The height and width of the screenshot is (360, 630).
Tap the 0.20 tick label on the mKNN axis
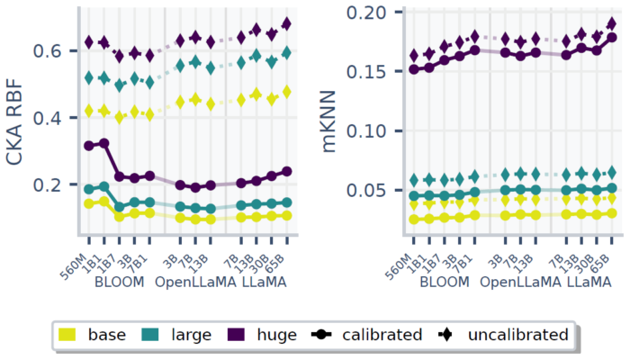tap(379, 13)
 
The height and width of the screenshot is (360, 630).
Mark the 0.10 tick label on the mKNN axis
tap(379, 130)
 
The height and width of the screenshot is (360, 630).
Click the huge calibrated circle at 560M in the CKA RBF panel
tap(88, 146)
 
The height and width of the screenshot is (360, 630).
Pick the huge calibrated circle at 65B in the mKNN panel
tap(612, 38)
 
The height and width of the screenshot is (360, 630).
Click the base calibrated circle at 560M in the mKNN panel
tap(414, 220)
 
